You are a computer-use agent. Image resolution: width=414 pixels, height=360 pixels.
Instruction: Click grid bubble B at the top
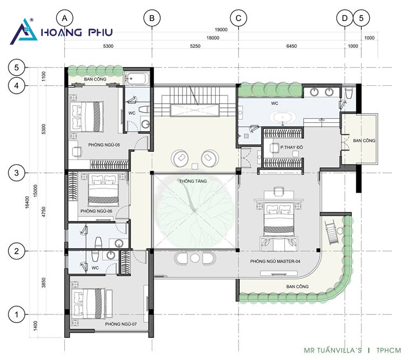pos(152,18)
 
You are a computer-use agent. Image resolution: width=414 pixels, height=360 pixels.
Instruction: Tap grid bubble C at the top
pos(239,18)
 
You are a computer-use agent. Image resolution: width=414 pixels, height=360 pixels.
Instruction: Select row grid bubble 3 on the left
pos(17,173)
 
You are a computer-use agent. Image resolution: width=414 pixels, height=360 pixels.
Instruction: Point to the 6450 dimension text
pos(292,46)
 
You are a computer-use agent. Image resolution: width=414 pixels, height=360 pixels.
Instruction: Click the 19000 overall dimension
pos(221,30)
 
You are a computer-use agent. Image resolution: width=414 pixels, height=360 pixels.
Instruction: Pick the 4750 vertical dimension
pos(43,212)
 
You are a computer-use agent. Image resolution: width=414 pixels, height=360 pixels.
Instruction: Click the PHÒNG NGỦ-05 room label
pos(104,145)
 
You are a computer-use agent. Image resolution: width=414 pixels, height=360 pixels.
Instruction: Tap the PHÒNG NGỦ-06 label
pos(96,211)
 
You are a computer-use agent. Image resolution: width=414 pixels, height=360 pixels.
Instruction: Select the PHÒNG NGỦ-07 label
pos(121,324)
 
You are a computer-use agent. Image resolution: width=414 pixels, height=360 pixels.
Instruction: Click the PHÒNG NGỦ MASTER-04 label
pos(275,261)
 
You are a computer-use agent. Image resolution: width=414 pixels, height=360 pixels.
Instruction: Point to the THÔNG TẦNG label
pos(193,181)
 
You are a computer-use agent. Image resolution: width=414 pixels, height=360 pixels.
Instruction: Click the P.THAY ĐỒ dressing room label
pos(292,147)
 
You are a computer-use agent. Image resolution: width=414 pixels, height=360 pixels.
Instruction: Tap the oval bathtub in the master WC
pos(283,117)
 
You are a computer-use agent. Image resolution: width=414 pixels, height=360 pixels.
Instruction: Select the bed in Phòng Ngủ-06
pos(103,189)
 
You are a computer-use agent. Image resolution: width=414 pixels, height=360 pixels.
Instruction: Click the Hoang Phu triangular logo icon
pos(24,31)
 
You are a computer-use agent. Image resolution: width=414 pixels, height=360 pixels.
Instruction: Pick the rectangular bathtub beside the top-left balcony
pos(137,78)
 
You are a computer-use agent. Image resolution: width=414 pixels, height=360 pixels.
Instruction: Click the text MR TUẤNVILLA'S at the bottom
pos(332,350)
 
